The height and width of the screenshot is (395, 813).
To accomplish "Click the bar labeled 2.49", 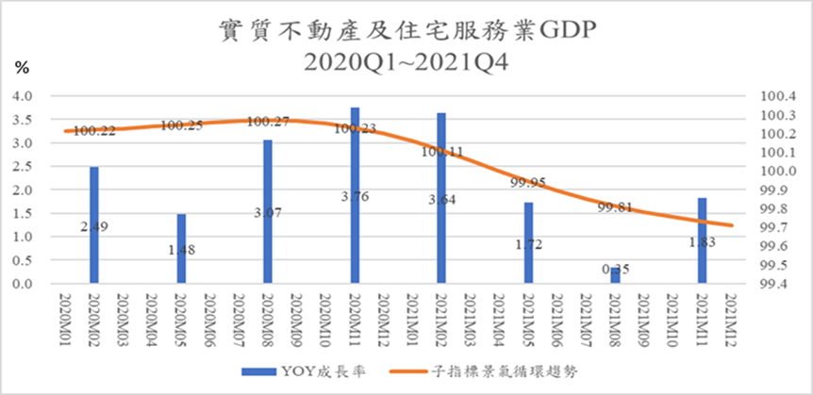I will coord(94,226).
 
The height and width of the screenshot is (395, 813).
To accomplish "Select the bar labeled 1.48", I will coord(181,249).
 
